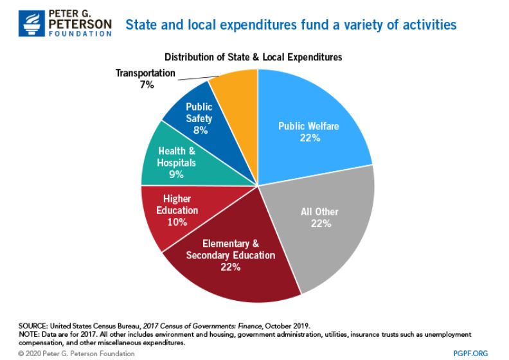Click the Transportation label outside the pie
(x=145, y=73)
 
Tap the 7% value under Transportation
(x=146, y=84)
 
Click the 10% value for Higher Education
(x=175, y=222)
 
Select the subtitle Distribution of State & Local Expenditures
(x=253, y=57)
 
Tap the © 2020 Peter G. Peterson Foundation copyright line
(x=67, y=353)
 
